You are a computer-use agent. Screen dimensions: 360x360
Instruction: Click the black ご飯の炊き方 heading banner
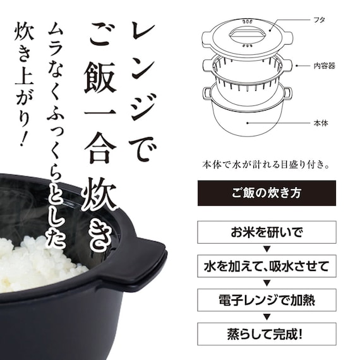[264, 193]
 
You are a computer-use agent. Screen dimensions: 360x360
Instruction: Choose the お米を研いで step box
[264, 231]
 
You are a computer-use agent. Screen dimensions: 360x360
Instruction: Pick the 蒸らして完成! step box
[264, 332]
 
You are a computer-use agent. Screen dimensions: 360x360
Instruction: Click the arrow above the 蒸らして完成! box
[264, 315]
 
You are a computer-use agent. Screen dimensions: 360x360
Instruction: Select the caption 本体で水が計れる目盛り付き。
[264, 165]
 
